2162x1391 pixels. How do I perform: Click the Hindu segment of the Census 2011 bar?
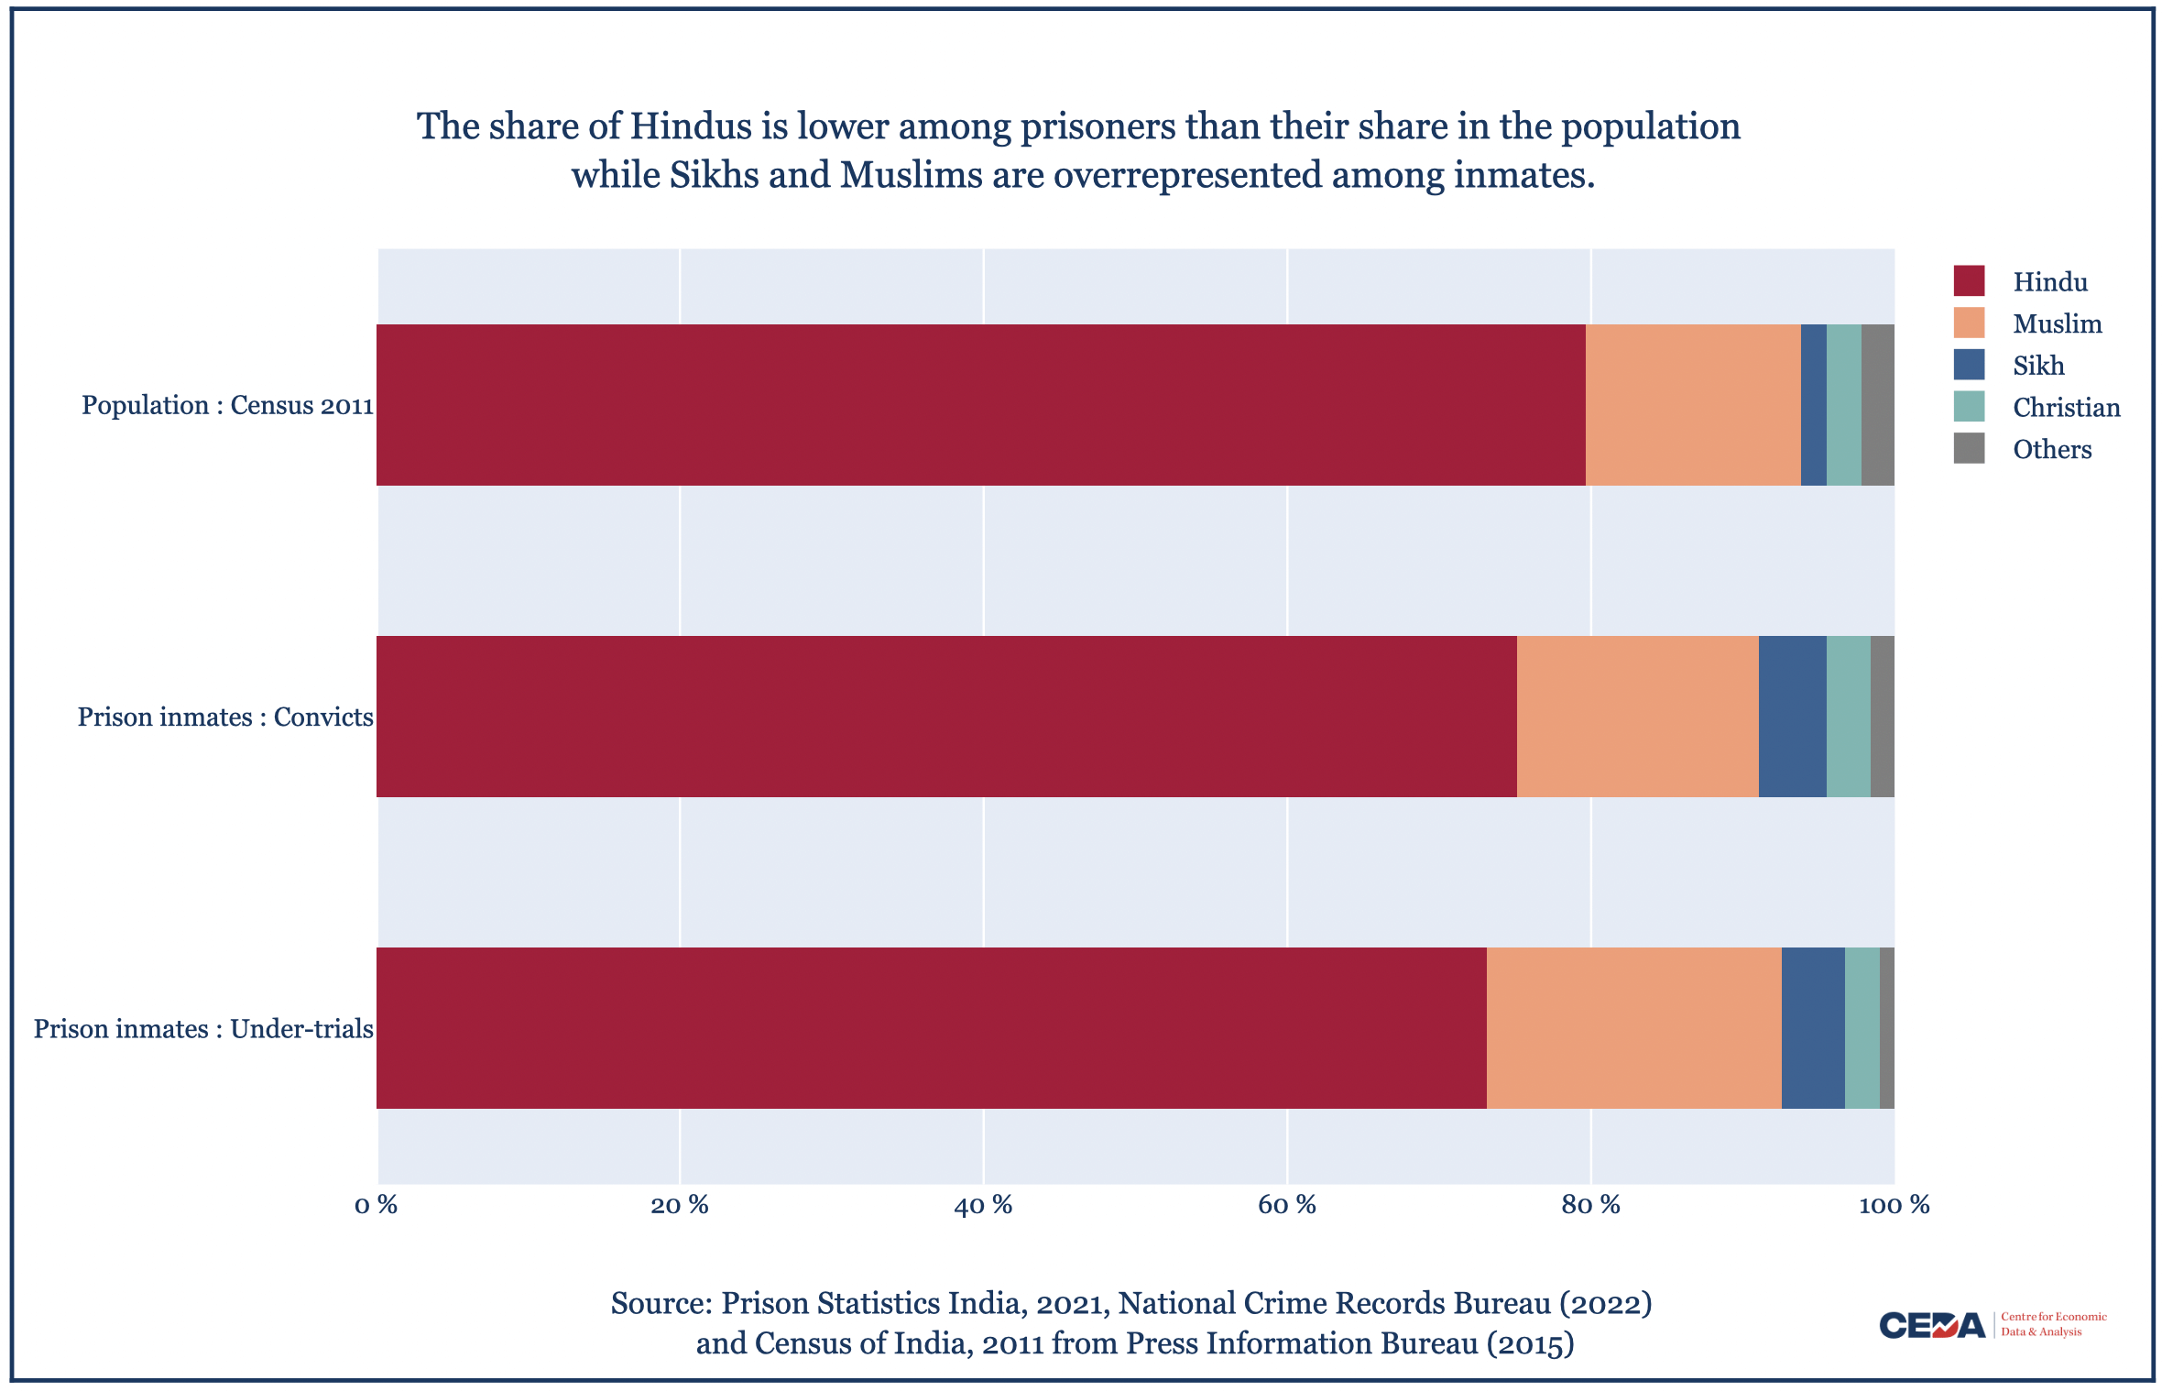pos(980,404)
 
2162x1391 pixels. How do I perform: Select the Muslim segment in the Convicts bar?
pos(1637,716)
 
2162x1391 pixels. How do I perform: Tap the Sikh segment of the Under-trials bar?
pos(1812,1027)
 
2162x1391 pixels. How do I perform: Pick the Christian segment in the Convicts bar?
pos(1848,716)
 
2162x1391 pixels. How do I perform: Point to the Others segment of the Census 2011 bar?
pos(1877,404)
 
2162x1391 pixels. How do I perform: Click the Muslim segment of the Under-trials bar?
pos(1633,1027)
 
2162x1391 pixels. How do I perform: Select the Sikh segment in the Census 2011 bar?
pos(1813,404)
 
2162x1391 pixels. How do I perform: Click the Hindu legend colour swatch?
pos(1969,281)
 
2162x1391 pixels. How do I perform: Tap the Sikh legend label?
pos(2038,366)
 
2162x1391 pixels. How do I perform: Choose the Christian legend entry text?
pos(2066,408)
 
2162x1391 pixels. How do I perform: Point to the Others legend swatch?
pos(1969,449)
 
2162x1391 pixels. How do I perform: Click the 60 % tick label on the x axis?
pos(1286,1205)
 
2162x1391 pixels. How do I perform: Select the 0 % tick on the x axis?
pos(376,1205)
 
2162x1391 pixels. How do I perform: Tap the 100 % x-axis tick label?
pos(1894,1205)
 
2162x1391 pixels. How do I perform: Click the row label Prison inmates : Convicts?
pos(225,717)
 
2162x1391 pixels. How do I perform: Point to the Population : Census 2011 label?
pos(227,405)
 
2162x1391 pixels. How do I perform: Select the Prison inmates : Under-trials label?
pos(203,1029)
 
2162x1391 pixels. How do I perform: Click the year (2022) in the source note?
pos(1605,1303)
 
